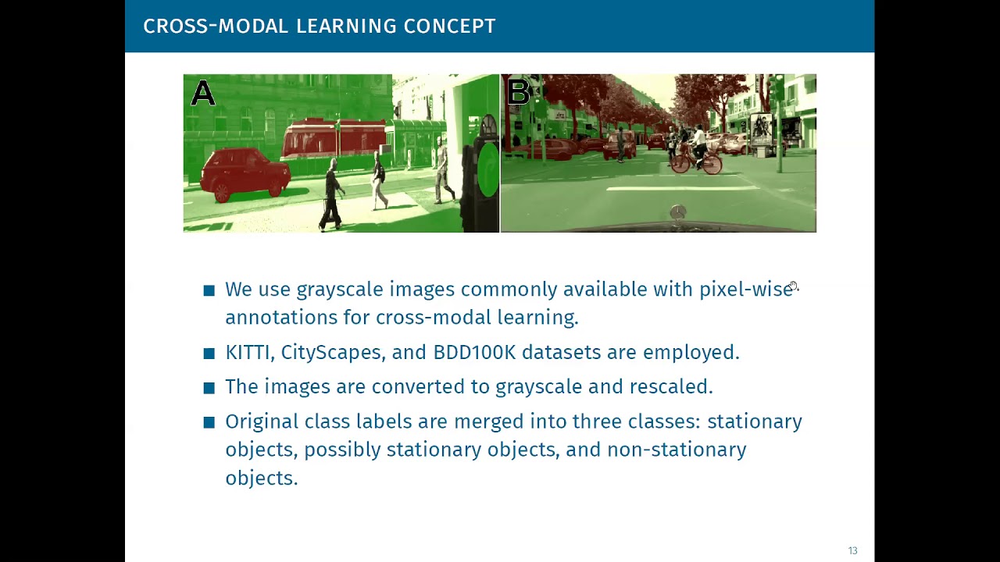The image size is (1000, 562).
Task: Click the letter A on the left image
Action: [203, 94]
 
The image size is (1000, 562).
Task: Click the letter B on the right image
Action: [518, 92]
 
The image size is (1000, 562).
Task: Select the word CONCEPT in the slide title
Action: [449, 26]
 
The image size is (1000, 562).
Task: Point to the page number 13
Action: [852, 551]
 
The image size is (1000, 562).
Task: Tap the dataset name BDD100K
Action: [474, 352]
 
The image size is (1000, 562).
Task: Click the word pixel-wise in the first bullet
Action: [745, 290]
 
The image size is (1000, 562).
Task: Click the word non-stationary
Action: [677, 450]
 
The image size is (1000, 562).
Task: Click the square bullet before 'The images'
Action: [209, 387]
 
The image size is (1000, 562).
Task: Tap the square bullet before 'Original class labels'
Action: [209, 422]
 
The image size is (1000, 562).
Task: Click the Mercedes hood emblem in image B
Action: [677, 212]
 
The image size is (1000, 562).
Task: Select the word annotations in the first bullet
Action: [281, 318]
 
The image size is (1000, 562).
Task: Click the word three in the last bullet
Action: [597, 421]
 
